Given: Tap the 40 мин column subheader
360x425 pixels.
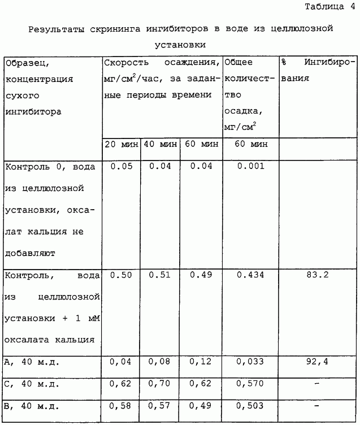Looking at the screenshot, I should tap(160, 144).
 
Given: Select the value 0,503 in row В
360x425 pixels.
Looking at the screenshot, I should tap(250, 406).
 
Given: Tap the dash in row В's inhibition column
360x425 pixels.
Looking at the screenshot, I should tap(317, 406).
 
